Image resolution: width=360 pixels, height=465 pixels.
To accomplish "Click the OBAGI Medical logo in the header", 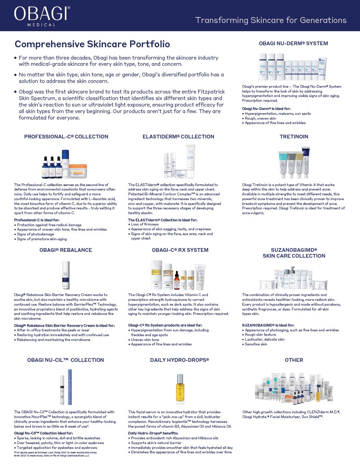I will [x=42, y=15].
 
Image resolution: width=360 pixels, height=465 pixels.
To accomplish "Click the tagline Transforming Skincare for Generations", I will [x=271, y=20].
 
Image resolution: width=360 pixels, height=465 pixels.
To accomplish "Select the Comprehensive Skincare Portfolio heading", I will [x=92, y=44].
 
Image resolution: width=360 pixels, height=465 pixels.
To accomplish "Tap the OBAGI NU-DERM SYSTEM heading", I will [x=293, y=44].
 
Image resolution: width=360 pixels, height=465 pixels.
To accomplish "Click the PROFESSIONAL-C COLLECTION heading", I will [x=66, y=137].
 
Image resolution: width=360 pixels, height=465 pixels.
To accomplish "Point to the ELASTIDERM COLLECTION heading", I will [x=178, y=137].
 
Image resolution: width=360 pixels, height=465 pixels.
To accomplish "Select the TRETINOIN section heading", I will [x=294, y=137].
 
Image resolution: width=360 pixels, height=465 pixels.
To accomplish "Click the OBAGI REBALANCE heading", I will [x=66, y=250].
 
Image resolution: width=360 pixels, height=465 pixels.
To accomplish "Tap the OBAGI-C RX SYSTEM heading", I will [x=180, y=250].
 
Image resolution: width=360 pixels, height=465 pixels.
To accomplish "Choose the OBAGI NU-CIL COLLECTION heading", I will [x=65, y=360].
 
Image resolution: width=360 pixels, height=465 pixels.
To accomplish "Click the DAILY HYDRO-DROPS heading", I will [x=179, y=360].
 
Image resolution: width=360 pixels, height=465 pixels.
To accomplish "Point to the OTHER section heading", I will [x=294, y=360].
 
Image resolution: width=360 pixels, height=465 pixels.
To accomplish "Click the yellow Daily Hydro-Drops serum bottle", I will [x=180, y=388].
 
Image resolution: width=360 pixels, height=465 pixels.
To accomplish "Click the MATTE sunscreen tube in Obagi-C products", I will [x=200, y=277].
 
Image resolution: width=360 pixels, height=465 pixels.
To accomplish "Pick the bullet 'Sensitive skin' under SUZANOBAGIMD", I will [x=256, y=344].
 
